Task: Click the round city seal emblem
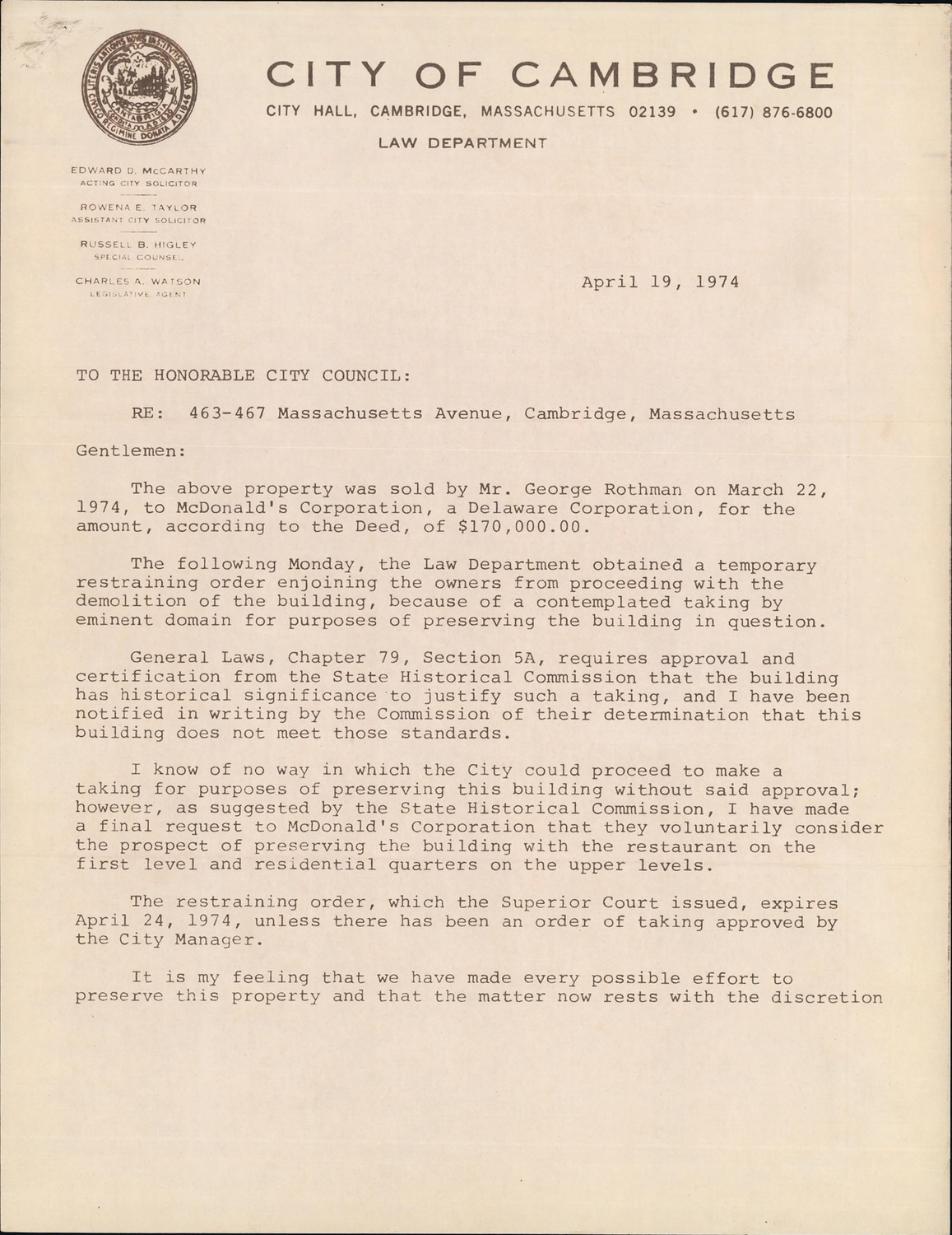pyautogui.click(x=139, y=90)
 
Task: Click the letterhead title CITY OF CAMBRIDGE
pyautogui.click(x=549, y=76)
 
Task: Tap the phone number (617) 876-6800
pyautogui.click(x=773, y=112)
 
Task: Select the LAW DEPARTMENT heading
pyautogui.click(x=462, y=143)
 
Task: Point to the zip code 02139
pyautogui.click(x=652, y=112)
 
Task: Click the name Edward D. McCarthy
pyautogui.click(x=138, y=170)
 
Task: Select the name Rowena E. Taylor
pyautogui.click(x=138, y=207)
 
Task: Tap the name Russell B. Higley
pyautogui.click(x=138, y=245)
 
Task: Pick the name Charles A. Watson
pyautogui.click(x=138, y=281)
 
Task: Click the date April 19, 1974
pyautogui.click(x=660, y=282)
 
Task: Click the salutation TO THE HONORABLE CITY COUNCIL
pyautogui.click(x=243, y=375)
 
